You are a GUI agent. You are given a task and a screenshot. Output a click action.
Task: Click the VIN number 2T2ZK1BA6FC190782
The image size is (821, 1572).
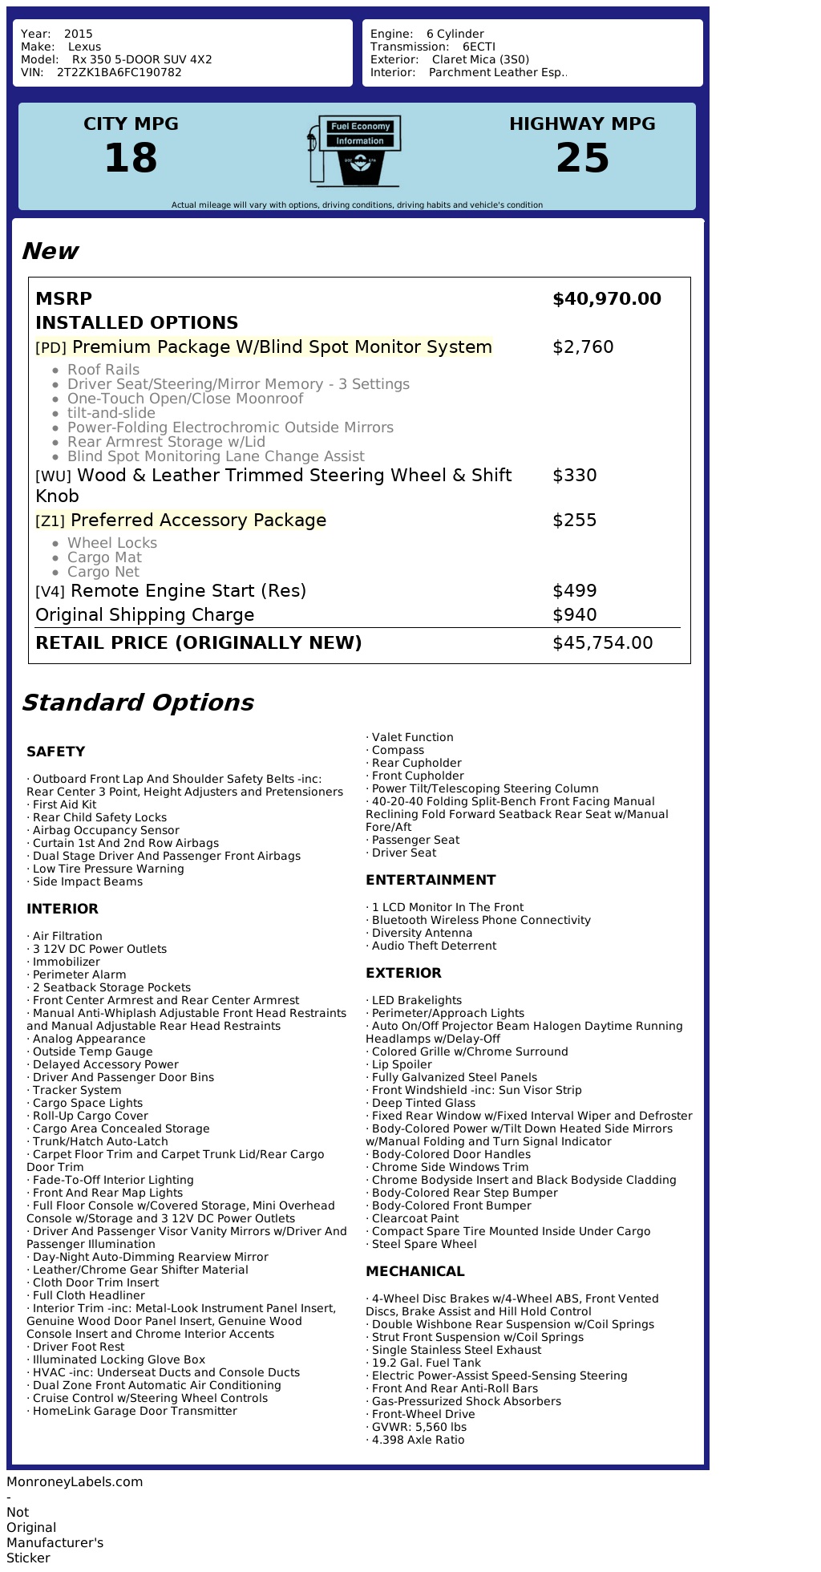click(119, 72)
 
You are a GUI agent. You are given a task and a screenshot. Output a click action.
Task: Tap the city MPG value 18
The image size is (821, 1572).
click(131, 158)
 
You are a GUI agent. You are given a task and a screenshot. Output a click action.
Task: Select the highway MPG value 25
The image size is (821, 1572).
click(582, 158)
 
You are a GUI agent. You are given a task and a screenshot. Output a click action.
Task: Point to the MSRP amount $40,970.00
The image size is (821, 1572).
click(606, 299)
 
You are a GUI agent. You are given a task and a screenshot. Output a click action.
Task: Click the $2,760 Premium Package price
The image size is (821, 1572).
click(583, 347)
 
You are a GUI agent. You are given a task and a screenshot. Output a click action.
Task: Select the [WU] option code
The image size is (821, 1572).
click(53, 476)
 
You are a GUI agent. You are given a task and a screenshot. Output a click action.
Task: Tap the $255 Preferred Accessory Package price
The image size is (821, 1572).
click(574, 521)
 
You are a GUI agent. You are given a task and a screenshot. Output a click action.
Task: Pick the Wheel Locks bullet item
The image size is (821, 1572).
click(112, 543)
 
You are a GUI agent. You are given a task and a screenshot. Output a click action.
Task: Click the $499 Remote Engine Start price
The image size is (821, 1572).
click(574, 591)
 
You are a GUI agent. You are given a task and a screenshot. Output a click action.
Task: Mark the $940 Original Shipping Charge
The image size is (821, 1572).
click(574, 615)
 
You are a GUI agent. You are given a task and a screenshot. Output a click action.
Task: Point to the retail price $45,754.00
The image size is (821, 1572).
click(602, 643)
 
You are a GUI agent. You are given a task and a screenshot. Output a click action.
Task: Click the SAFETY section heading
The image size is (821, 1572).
click(55, 752)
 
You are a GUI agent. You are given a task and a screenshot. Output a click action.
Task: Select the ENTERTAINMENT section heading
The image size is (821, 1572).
click(431, 880)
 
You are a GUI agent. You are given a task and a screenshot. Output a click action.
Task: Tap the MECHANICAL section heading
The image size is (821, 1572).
click(415, 1271)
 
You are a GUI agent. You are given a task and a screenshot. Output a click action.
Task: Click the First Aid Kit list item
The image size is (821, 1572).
click(64, 804)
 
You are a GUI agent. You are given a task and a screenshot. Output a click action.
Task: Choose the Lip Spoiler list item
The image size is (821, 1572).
click(401, 1064)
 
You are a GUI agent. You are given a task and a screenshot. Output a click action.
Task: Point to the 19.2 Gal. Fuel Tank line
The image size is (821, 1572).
click(426, 1363)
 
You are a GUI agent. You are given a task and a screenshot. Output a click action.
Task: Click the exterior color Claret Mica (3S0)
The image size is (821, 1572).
click(480, 59)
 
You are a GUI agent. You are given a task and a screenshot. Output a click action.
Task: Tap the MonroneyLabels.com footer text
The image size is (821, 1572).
click(75, 1481)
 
